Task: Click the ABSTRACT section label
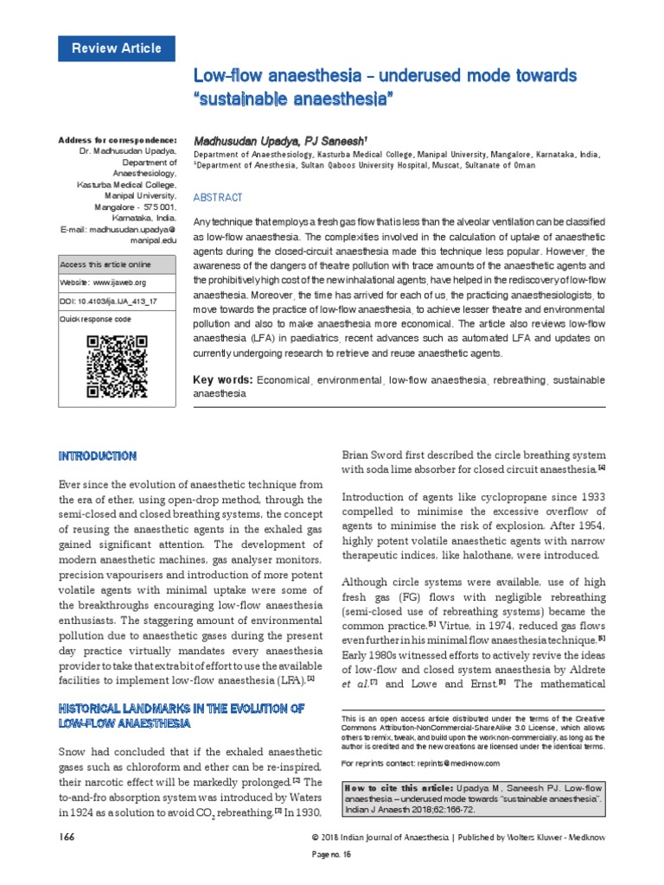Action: [218, 198]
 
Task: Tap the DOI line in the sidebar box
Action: [108, 300]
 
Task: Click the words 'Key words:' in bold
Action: [222, 380]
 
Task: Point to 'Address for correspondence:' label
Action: [117, 140]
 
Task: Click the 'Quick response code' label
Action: [95, 319]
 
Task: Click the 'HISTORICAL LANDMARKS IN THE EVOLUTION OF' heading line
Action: [181, 708]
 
